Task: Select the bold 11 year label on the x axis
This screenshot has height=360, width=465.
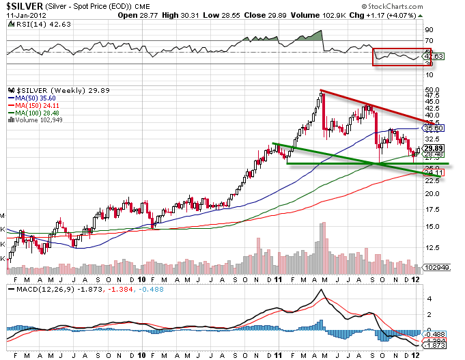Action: [x=278, y=279]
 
